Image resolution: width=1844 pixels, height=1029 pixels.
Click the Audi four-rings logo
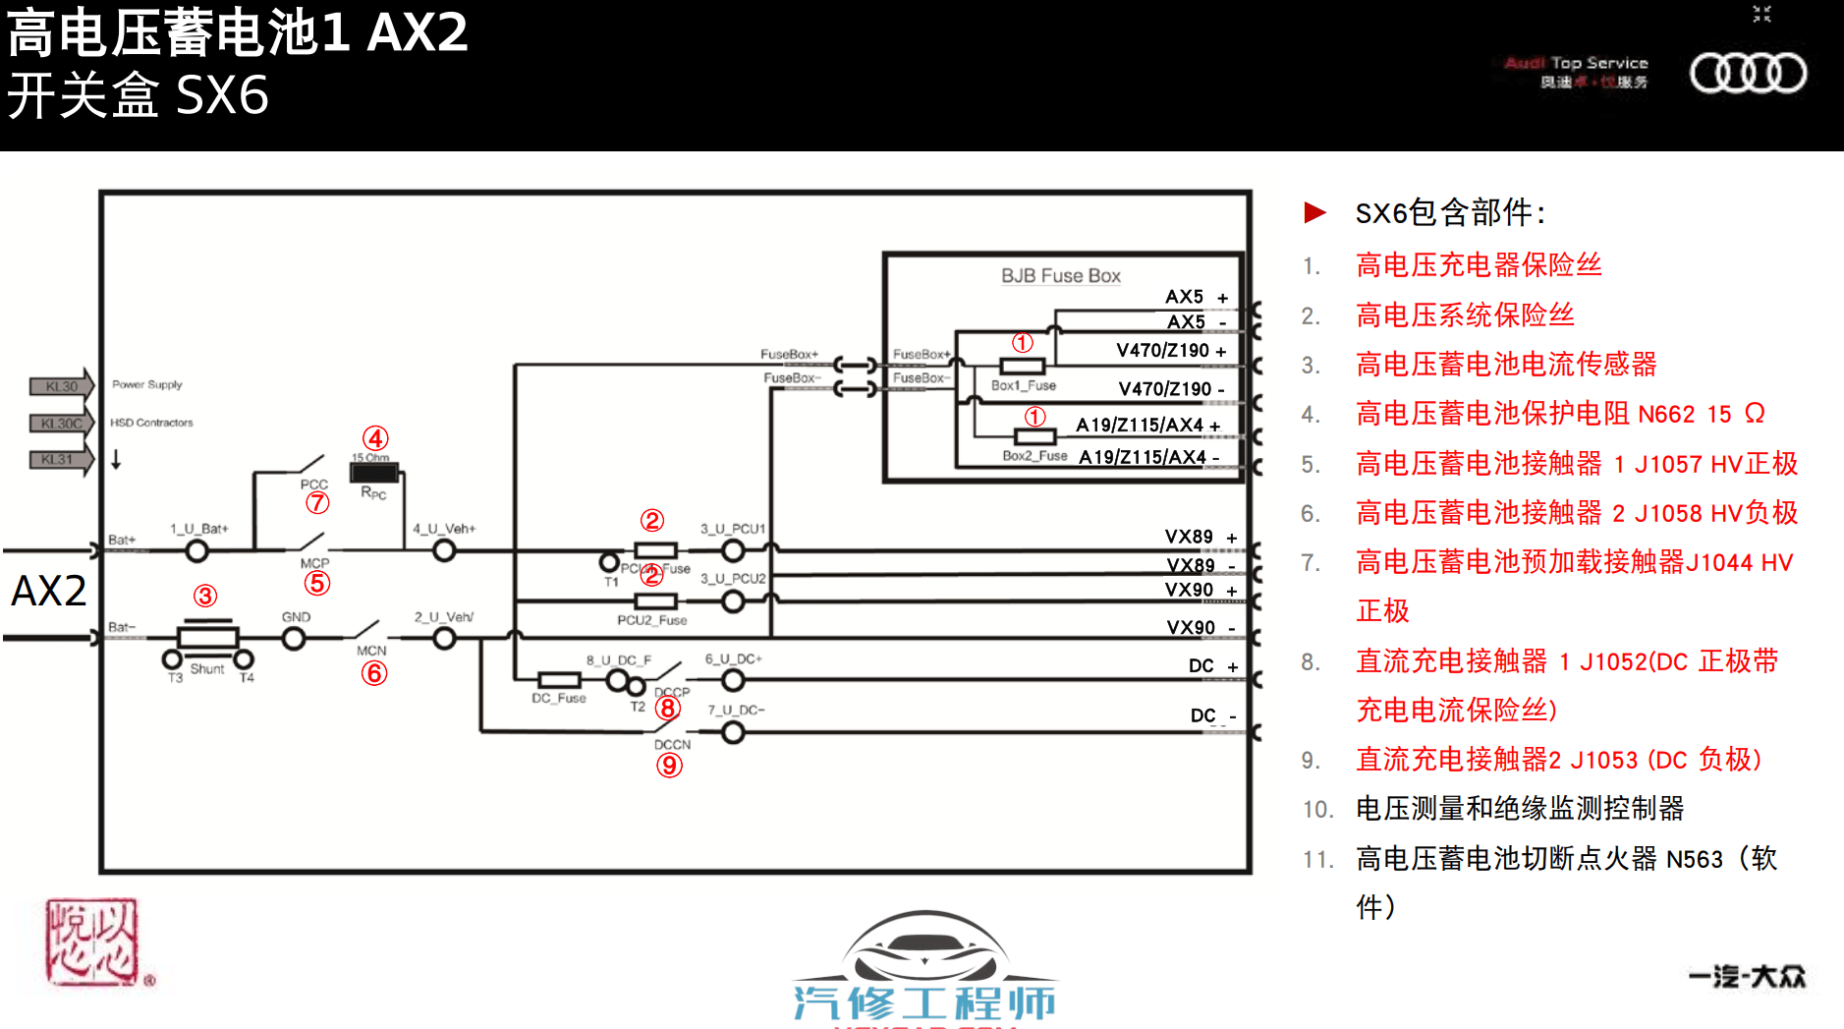[x=1747, y=73]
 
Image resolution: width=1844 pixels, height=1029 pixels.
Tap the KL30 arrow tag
[x=61, y=386]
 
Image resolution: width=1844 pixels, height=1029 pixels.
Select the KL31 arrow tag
[x=59, y=459]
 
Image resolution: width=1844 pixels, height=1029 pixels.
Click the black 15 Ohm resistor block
[x=374, y=473]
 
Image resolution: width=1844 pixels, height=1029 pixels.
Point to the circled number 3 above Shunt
[x=204, y=596]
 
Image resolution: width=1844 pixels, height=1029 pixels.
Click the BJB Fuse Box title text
[x=1060, y=276]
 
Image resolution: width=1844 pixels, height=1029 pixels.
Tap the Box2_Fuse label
[x=1034, y=456]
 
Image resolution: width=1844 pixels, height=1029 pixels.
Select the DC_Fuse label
[x=558, y=699]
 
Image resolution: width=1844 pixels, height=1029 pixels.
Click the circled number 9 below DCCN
[x=669, y=765]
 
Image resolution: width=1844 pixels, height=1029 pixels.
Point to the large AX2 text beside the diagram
[x=49, y=591]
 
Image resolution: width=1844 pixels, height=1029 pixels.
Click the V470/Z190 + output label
[x=1170, y=351]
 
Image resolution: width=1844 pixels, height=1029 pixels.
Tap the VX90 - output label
[x=1200, y=628]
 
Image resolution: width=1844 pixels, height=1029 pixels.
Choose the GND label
[x=296, y=617]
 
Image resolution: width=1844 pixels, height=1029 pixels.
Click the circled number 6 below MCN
[x=373, y=673]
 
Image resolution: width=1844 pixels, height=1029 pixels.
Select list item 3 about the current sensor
[x=1505, y=365]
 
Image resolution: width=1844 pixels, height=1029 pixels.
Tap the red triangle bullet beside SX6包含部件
[x=1314, y=212]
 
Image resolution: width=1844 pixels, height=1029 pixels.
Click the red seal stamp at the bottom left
[x=92, y=942]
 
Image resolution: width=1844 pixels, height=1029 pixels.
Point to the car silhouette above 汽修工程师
[x=922, y=946]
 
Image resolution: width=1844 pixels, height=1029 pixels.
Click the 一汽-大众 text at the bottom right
[x=1747, y=976]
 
